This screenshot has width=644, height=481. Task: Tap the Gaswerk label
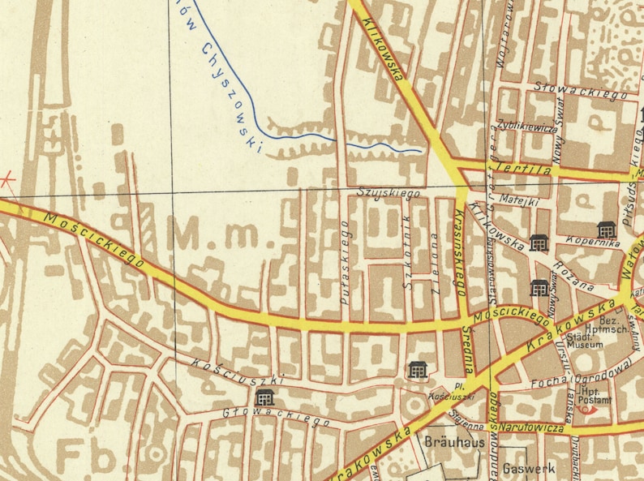(x=528, y=468)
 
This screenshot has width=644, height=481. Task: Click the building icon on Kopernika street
(x=605, y=230)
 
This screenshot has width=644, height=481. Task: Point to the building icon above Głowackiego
(x=264, y=397)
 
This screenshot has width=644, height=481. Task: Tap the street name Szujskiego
(x=389, y=194)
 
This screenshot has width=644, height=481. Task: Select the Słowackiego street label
(x=582, y=91)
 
